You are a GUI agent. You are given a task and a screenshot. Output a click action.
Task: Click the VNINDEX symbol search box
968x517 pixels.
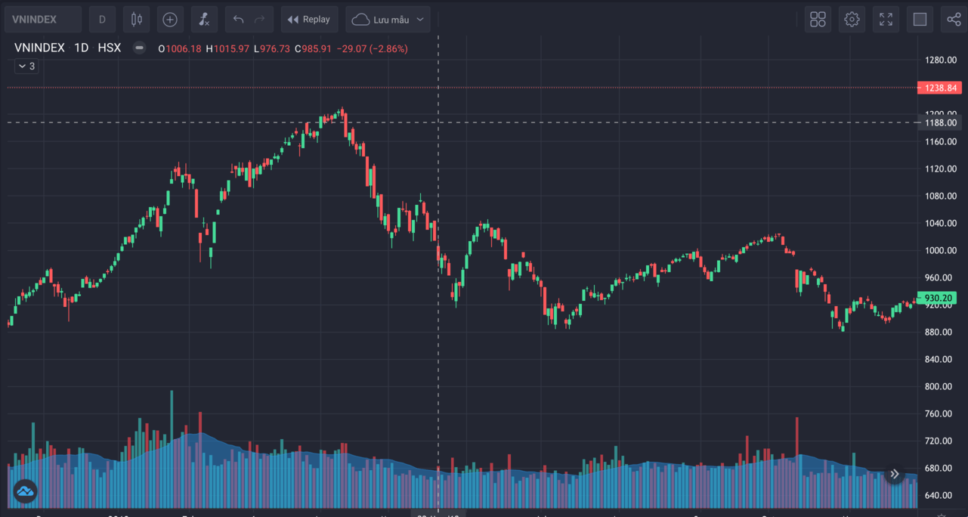pos(42,20)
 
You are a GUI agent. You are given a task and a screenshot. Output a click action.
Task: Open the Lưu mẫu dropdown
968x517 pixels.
pos(388,20)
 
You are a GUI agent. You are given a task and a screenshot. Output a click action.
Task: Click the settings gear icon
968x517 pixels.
pos(852,20)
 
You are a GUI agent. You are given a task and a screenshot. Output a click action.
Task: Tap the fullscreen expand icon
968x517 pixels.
pos(886,20)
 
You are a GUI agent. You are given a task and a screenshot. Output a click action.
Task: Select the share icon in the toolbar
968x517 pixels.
pos(954,20)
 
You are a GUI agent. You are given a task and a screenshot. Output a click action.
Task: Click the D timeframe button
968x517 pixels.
pos(103,20)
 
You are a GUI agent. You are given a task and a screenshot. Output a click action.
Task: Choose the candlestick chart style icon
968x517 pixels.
pos(136,20)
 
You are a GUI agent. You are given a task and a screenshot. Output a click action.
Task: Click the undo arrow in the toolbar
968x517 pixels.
pos(239,20)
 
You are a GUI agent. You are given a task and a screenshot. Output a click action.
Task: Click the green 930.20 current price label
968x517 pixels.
pos(938,298)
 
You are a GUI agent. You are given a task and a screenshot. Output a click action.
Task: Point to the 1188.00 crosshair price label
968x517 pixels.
pos(940,122)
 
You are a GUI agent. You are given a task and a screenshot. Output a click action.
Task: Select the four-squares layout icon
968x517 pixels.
pos(818,20)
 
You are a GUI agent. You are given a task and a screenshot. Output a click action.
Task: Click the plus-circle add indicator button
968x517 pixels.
pos(170,20)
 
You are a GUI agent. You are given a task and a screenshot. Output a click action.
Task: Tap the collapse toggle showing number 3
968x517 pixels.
pos(26,67)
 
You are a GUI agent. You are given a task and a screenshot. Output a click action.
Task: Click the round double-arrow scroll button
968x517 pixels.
pos(894,474)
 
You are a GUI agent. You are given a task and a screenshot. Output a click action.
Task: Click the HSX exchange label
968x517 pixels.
pos(110,48)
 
